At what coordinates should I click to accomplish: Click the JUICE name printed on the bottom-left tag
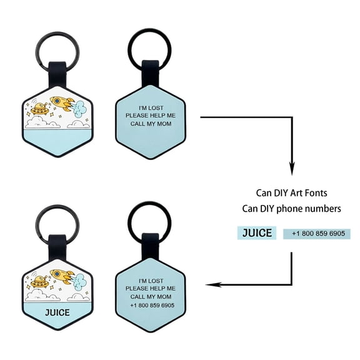(57, 312)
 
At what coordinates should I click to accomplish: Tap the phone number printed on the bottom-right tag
(152, 306)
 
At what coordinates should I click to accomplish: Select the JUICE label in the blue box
(257, 232)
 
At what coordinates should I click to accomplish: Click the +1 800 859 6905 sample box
(317, 234)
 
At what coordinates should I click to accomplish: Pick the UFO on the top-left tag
(40, 109)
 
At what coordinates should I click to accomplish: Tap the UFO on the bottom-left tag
(40, 282)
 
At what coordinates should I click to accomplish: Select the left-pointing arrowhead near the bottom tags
(213, 285)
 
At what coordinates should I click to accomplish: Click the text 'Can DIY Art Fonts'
(292, 193)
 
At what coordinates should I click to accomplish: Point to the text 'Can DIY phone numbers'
(292, 209)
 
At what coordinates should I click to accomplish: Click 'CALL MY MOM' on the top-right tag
(151, 124)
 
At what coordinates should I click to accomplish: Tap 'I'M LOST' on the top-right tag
(151, 108)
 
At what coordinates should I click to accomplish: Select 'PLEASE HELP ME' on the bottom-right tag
(151, 288)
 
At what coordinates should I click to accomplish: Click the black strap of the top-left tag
(57, 75)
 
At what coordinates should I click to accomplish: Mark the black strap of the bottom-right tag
(151, 246)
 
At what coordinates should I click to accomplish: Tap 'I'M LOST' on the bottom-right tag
(151, 281)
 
